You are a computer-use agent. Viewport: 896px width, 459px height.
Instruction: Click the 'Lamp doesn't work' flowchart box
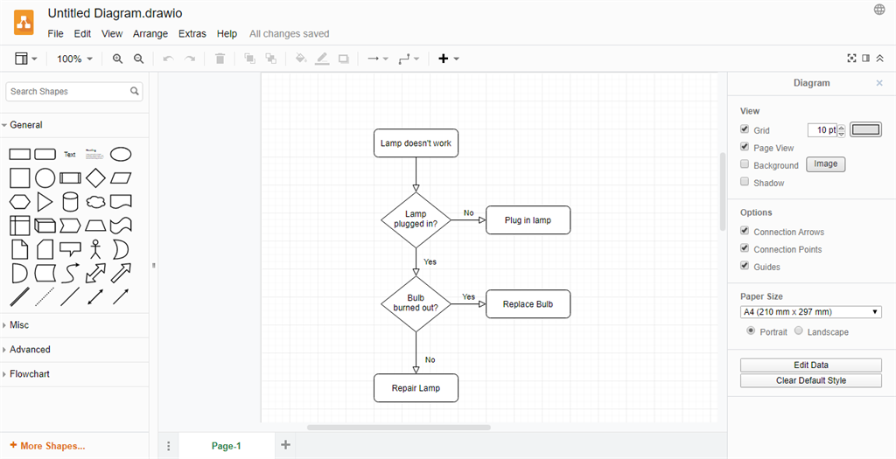click(416, 143)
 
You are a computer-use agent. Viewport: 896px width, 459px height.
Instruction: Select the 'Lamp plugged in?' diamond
click(416, 219)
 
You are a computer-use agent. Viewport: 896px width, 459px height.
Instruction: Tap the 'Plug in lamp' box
click(528, 219)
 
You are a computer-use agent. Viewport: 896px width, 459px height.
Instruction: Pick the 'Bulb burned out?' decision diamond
click(416, 303)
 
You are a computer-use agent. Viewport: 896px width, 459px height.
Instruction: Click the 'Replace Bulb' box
click(528, 303)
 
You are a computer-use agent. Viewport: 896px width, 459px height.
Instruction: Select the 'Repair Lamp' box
click(416, 388)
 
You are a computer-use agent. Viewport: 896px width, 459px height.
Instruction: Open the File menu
click(55, 34)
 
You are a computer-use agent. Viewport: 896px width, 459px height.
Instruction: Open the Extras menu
click(192, 34)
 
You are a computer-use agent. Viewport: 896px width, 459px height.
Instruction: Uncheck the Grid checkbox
click(745, 129)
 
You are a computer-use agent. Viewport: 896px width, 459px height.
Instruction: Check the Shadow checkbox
click(745, 182)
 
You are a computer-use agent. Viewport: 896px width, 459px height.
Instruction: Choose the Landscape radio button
click(799, 331)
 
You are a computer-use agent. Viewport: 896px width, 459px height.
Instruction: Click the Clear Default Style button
click(811, 380)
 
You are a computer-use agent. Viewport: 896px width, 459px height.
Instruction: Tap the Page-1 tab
click(227, 446)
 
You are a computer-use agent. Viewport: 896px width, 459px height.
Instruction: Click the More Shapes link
click(47, 446)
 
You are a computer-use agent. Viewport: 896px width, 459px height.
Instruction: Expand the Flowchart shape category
click(30, 374)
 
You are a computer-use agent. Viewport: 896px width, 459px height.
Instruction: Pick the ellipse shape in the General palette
click(121, 154)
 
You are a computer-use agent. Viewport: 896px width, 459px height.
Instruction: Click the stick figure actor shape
click(95, 249)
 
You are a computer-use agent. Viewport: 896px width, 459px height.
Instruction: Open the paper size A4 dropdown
click(811, 312)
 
